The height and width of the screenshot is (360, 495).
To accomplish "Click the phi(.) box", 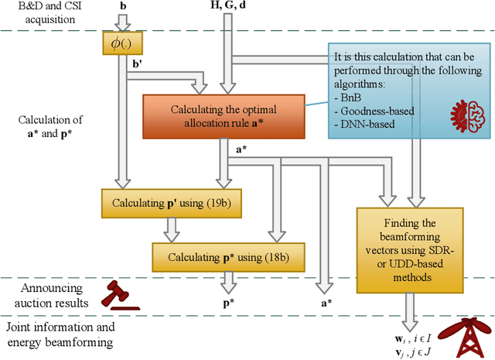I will point(118,44).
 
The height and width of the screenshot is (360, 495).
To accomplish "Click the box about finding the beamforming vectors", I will point(410,249).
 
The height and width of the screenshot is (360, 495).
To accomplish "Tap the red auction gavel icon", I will point(123,294).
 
